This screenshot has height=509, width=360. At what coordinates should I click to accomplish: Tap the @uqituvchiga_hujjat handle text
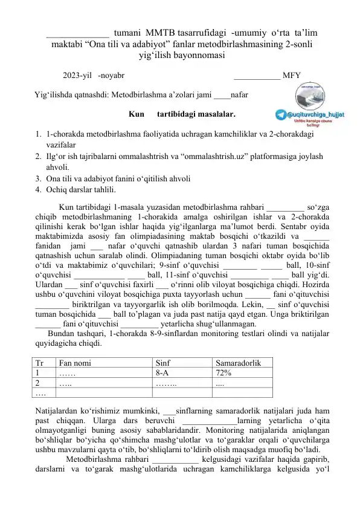point(313,113)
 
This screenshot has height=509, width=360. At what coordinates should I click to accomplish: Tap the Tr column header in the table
point(39,363)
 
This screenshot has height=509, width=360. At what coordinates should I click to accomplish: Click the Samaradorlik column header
point(238,363)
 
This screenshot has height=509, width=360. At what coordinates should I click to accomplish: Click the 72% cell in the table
point(224,373)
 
